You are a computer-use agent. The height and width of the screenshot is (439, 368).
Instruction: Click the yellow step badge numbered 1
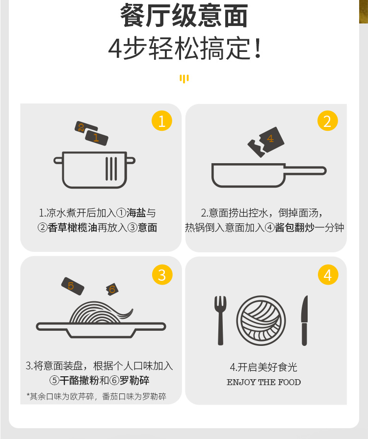pos(162,121)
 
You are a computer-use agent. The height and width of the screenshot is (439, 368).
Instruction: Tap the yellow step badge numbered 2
pos(328,121)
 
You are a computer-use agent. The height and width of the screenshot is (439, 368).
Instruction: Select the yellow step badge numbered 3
pos(162,274)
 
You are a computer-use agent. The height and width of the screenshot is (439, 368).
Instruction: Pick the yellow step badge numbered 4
pos(328,274)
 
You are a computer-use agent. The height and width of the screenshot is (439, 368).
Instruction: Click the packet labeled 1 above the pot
pos(97,138)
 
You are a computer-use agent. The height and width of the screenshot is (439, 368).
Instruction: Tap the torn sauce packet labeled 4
pos(266,142)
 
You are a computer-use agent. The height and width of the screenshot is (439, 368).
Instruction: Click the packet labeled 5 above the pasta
pos(73,286)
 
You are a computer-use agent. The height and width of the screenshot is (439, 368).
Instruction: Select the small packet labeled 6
pos(112,289)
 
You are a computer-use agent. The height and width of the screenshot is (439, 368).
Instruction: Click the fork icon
pos(220,320)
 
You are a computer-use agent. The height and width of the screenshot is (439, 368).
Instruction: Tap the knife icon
pos(304,320)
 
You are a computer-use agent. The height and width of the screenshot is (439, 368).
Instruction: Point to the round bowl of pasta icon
pos(261,320)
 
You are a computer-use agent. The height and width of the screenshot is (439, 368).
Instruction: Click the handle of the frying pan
pos(306,171)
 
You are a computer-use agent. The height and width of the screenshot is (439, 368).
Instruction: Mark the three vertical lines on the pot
pos(111,169)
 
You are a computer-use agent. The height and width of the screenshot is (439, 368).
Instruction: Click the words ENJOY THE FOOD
pos(263,382)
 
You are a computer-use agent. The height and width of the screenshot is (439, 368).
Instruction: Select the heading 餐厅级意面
pos(184,16)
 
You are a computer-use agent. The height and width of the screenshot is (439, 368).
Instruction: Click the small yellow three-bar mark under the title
pos(184,79)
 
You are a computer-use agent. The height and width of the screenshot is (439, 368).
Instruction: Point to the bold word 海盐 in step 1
pos(136,213)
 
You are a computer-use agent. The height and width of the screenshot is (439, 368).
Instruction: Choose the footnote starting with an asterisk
pos(96,396)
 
